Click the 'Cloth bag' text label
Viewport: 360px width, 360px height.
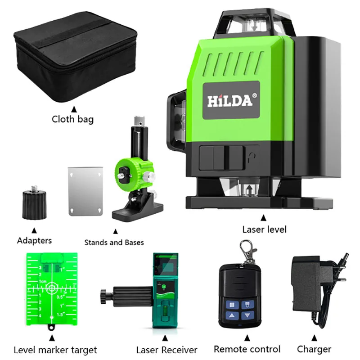[72, 119]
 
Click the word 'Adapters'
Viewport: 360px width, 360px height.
[34, 240]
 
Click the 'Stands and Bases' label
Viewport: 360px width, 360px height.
[114, 243]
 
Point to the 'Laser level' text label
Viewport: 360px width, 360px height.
[264, 229]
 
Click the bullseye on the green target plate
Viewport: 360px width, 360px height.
[52, 287]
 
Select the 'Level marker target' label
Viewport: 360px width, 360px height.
[55, 350]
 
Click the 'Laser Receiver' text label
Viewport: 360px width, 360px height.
[167, 350]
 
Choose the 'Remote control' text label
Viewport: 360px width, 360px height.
[247, 349]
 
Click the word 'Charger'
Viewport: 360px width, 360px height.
[314, 349]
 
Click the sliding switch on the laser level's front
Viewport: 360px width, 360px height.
[220, 155]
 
